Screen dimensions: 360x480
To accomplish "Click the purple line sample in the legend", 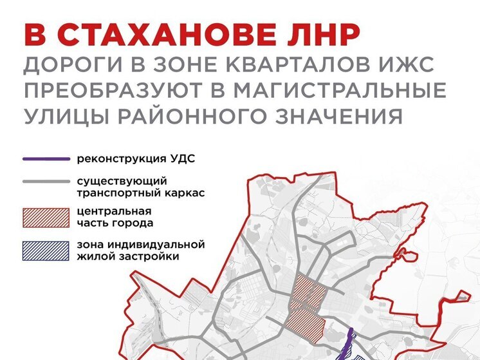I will click(45, 158).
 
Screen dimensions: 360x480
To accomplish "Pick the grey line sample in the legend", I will click(45, 182).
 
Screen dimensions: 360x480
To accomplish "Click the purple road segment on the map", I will click(350, 340).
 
